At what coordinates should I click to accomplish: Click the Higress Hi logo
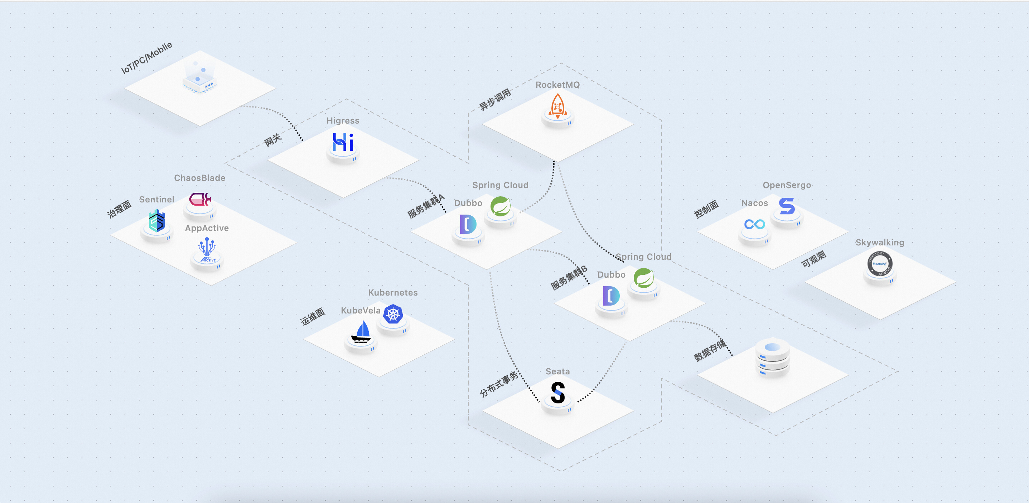click(x=343, y=142)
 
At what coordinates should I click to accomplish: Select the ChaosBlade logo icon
click(x=200, y=199)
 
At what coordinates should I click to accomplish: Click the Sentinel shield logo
click(x=156, y=221)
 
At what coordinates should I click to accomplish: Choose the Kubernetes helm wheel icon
click(x=393, y=314)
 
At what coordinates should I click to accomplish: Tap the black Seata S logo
click(x=557, y=393)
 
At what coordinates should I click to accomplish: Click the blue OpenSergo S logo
click(x=787, y=206)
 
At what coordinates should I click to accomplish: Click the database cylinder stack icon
click(x=773, y=358)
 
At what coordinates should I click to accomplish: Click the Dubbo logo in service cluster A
click(x=468, y=224)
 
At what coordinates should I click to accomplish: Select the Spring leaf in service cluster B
click(x=643, y=278)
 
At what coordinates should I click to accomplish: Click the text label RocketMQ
click(x=557, y=85)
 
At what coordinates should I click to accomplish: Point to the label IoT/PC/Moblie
click(x=146, y=58)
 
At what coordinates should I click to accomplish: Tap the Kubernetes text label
click(x=393, y=293)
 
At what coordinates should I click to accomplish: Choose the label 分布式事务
click(x=499, y=384)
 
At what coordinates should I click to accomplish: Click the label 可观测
click(x=814, y=259)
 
